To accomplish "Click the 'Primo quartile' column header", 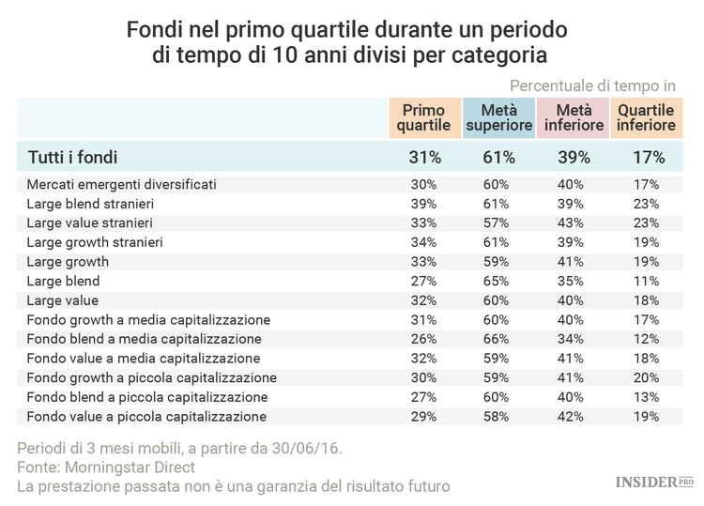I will [x=423, y=117].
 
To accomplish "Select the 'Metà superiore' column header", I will [x=498, y=117].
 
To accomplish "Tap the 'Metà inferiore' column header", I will [x=574, y=117].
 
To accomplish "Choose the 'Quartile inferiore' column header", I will [x=647, y=117].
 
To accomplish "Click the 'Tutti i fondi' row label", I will [x=71, y=157].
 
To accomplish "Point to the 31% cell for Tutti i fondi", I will [x=423, y=157].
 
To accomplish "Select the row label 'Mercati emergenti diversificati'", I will [x=121, y=184].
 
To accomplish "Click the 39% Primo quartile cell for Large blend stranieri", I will [x=423, y=204].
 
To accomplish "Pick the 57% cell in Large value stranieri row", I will [x=498, y=222].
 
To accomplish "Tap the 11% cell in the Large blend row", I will [x=647, y=281].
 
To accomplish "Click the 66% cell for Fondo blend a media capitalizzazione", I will [x=498, y=339].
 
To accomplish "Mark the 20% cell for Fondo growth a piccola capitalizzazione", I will [x=647, y=377].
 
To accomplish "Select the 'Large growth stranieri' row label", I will [x=95, y=242].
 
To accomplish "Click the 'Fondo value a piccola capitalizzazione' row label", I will [x=146, y=416].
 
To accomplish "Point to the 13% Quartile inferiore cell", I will [x=647, y=397].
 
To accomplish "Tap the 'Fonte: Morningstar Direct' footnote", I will [x=111, y=467].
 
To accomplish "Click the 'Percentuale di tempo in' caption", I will [x=592, y=84].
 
